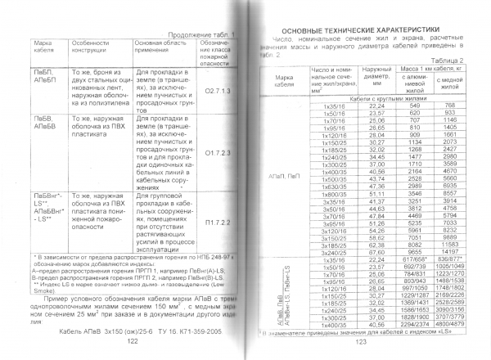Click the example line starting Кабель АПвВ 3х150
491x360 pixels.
point(126,334)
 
